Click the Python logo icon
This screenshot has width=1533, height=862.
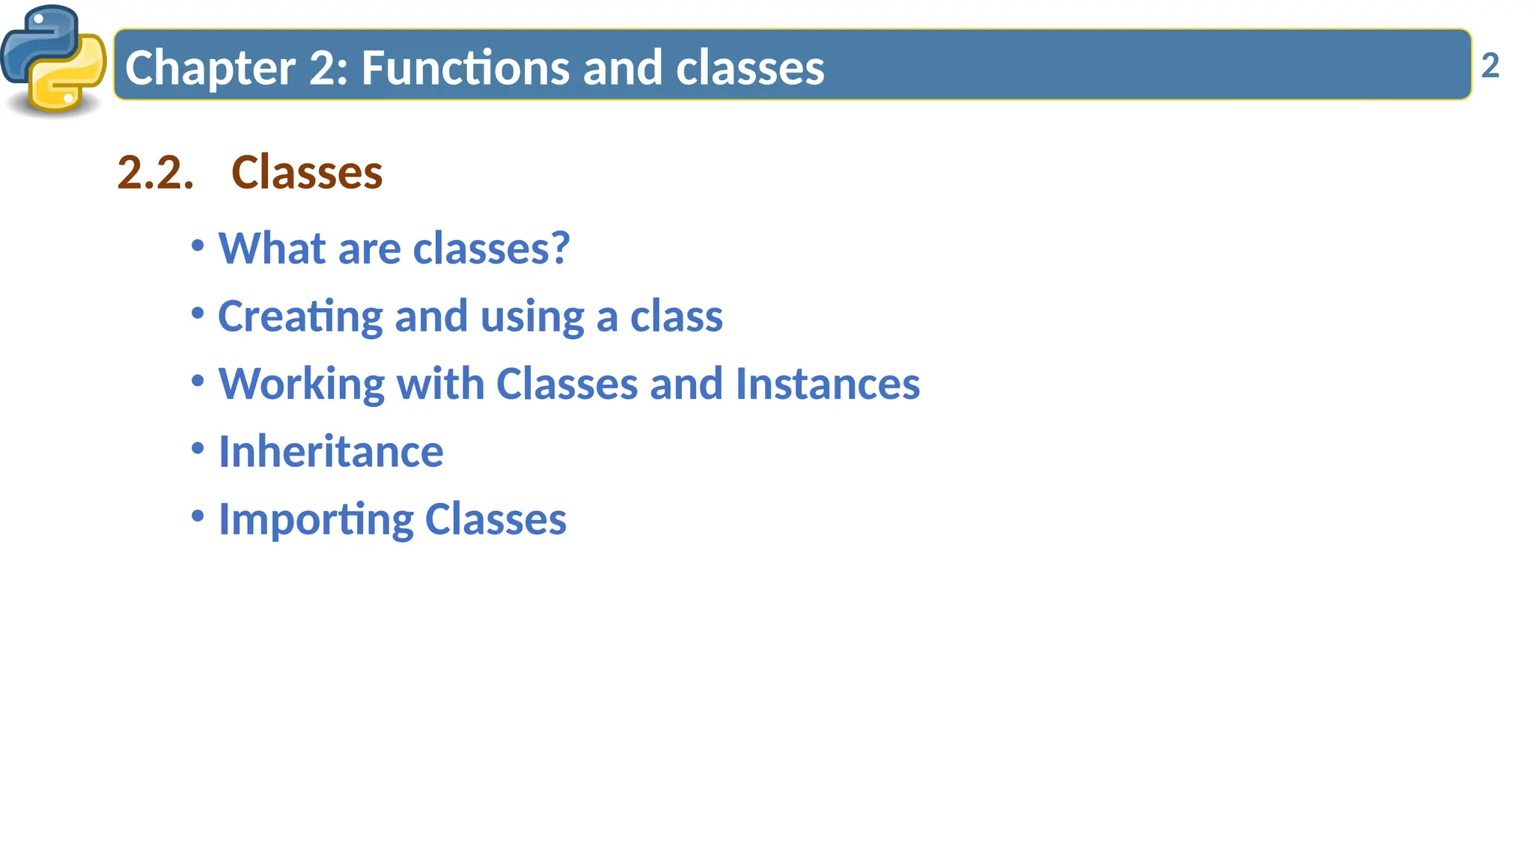(53, 60)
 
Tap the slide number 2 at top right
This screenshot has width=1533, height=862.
(1490, 66)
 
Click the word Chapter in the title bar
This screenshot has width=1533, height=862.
(210, 68)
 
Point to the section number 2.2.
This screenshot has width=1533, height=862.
(155, 173)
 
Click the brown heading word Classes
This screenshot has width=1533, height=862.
(307, 173)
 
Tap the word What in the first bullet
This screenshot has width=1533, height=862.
(272, 248)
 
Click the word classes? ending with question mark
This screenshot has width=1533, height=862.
(491, 248)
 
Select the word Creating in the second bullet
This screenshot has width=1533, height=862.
(300, 317)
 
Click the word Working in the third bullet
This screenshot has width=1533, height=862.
(301, 385)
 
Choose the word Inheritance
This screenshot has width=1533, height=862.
(331, 452)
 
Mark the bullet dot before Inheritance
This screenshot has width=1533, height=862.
(198, 449)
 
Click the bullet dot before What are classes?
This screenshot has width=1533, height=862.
(198, 245)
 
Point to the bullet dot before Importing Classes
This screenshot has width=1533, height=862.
(198, 516)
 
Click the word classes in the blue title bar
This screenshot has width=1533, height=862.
(750, 68)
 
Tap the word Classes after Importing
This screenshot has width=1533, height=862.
(496, 519)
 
